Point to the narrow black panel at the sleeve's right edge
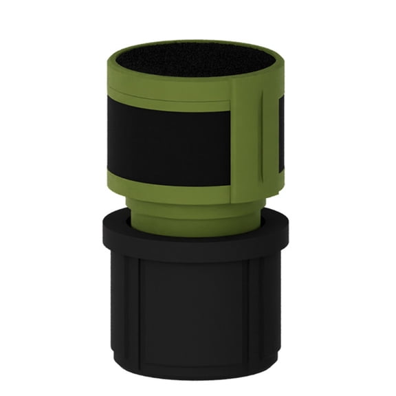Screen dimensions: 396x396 (281, 134)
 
